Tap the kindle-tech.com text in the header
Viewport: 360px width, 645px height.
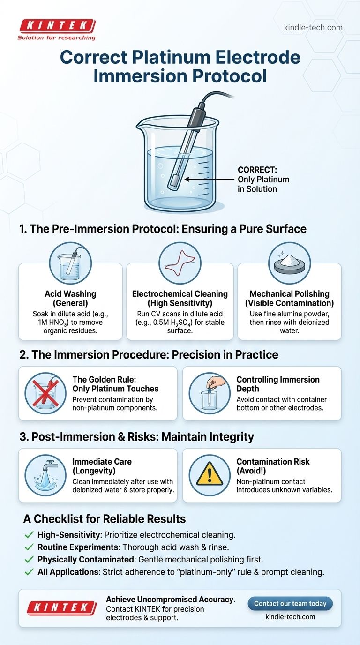pyautogui.click(x=313, y=28)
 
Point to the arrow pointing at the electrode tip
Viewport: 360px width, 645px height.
pyautogui.click(x=210, y=180)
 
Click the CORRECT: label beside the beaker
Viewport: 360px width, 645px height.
pyautogui.click(x=257, y=170)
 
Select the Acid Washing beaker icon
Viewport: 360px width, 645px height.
pyautogui.click(x=71, y=263)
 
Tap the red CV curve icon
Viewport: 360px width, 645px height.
pyautogui.click(x=180, y=263)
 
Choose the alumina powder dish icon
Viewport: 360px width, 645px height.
pyautogui.click(x=289, y=263)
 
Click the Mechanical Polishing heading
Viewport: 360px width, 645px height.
pyautogui.click(x=289, y=294)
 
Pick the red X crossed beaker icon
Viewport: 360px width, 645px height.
pyautogui.click(x=45, y=393)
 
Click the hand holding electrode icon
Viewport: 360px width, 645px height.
pyautogui.click(x=210, y=393)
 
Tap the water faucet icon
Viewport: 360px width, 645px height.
pyautogui.click(x=45, y=475)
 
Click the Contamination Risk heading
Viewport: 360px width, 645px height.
pyautogui.click(x=273, y=462)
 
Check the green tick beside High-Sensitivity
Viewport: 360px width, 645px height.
pyautogui.click(x=29, y=535)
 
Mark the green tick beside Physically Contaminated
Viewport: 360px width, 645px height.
pyautogui.click(x=29, y=560)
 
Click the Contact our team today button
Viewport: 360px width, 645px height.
pyautogui.click(x=290, y=604)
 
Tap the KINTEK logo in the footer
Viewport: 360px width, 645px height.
pyautogui.click(x=61, y=607)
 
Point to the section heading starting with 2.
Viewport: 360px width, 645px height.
pyautogui.click(x=149, y=355)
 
